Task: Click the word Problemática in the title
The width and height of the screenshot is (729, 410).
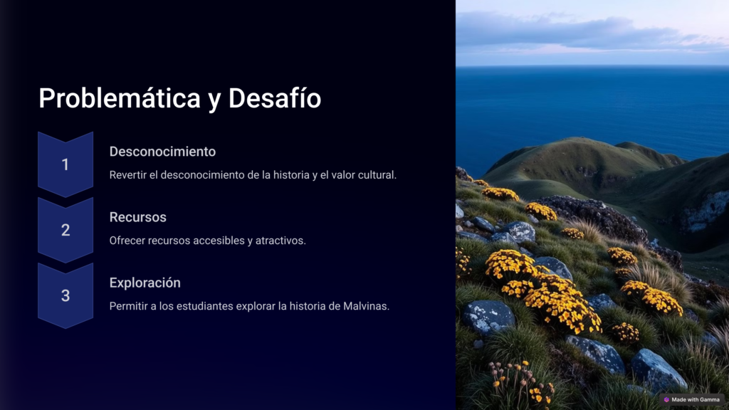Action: pyautogui.click(x=120, y=98)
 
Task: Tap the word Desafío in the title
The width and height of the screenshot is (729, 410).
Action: pyautogui.click(x=274, y=98)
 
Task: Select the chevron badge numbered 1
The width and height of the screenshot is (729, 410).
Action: pyautogui.click(x=65, y=164)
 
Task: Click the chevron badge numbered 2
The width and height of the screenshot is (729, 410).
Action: pyautogui.click(x=65, y=230)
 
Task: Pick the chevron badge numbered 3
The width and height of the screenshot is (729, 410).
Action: pyautogui.click(x=65, y=295)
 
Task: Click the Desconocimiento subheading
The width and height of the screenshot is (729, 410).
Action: pyautogui.click(x=162, y=152)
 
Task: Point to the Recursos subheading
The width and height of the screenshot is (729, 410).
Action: pyautogui.click(x=137, y=217)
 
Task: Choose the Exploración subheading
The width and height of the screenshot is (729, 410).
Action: pyautogui.click(x=145, y=283)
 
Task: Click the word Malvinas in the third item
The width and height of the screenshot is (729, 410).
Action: pyautogui.click(x=367, y=306)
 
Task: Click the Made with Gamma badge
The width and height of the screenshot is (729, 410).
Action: pyautogui.click(x=692, y=399)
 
